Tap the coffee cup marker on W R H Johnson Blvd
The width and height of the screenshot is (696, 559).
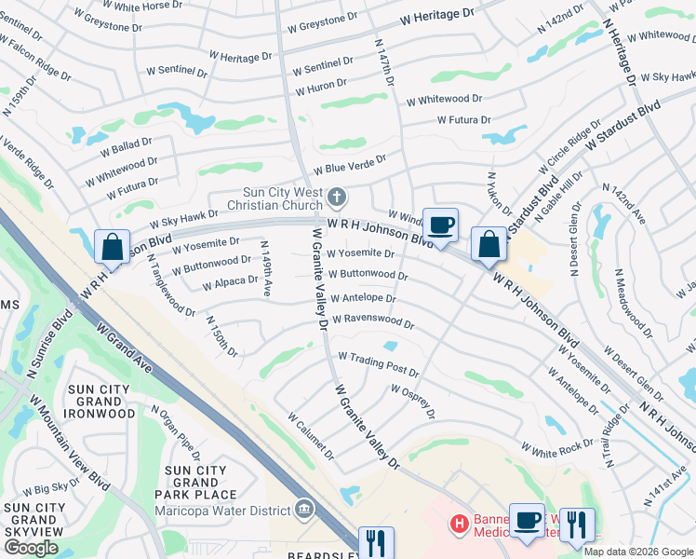pyautogui.click(x=440, y=225)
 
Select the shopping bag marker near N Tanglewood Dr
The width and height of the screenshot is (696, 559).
pyautogui.click(x=112, y=248)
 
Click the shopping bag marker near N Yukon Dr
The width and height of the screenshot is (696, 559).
pyautogui.click(x=489, y=245)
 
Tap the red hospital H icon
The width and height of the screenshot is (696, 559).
pyautogui.click(x=458, y=525)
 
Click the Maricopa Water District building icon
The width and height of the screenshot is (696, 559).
pyautogui.click(x=304, y=508)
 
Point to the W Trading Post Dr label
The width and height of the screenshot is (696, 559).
pyautogui.click(x=378, y=364)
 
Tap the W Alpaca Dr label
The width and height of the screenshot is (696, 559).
pyautogui.click(x=230, y=281)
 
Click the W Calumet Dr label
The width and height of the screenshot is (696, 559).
pyautogui.click(x=311, y=437)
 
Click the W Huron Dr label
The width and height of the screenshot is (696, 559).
pyautogui.click(x=321, y=90)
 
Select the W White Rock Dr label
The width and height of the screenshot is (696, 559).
pyautogui.click(x=556, y=449)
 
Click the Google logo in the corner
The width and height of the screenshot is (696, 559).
pyautogui.click(x=31, y=548)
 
